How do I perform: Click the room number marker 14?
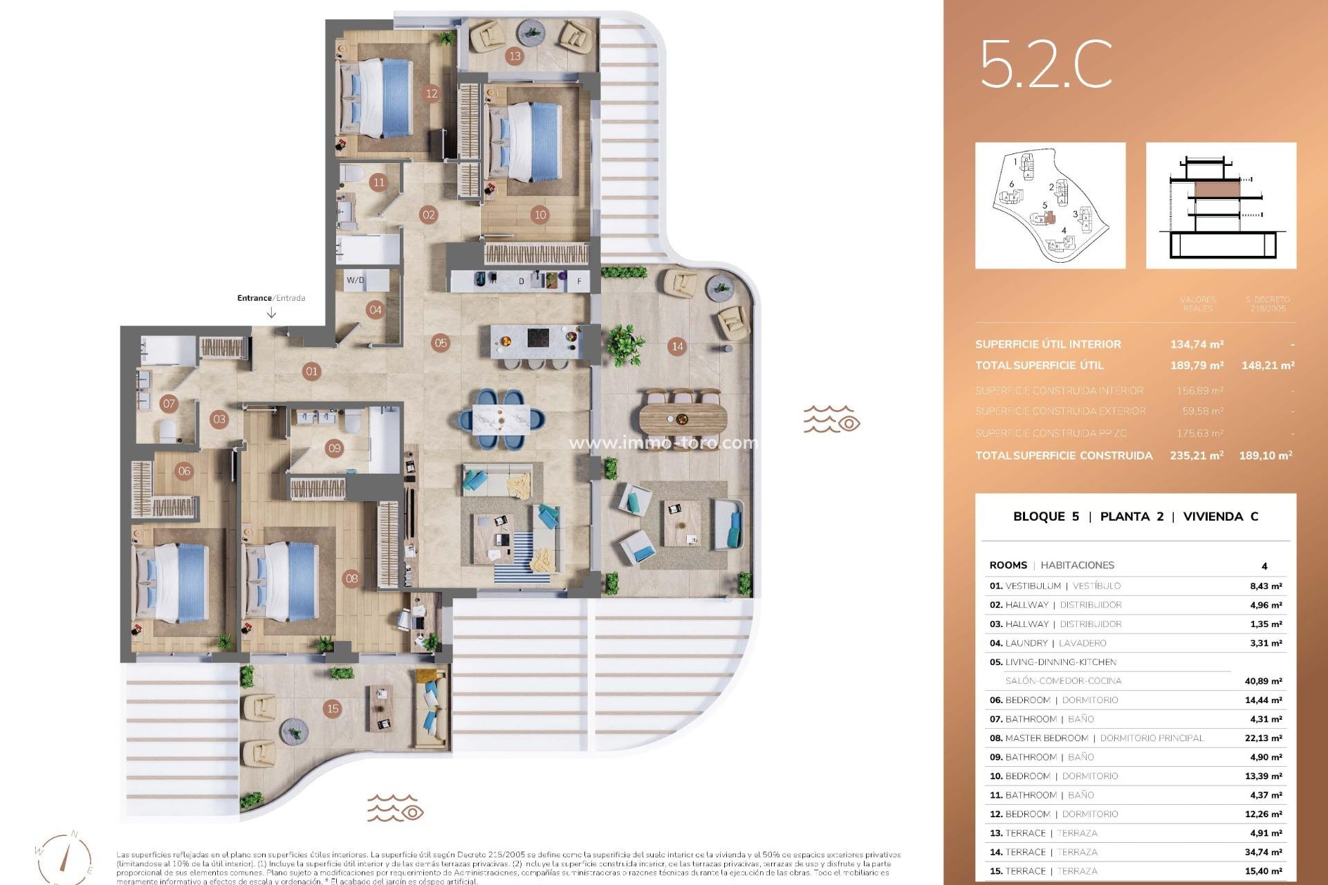677,346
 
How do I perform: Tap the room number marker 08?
351,578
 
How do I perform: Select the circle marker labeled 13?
514,56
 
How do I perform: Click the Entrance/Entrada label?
271,298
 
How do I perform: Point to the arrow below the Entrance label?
271,313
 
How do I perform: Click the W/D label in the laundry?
356,280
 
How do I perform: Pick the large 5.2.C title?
1045,64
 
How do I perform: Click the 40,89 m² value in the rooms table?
1263,681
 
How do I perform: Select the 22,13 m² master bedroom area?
1263,738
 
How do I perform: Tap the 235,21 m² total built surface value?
1197,455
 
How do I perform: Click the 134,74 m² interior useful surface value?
1197,344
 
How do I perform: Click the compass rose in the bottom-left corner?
66,857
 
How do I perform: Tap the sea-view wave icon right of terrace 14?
831,419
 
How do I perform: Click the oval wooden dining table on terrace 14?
683,418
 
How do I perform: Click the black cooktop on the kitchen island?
539,337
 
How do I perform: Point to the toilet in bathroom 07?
168,432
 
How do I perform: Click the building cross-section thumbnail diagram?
1221,205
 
